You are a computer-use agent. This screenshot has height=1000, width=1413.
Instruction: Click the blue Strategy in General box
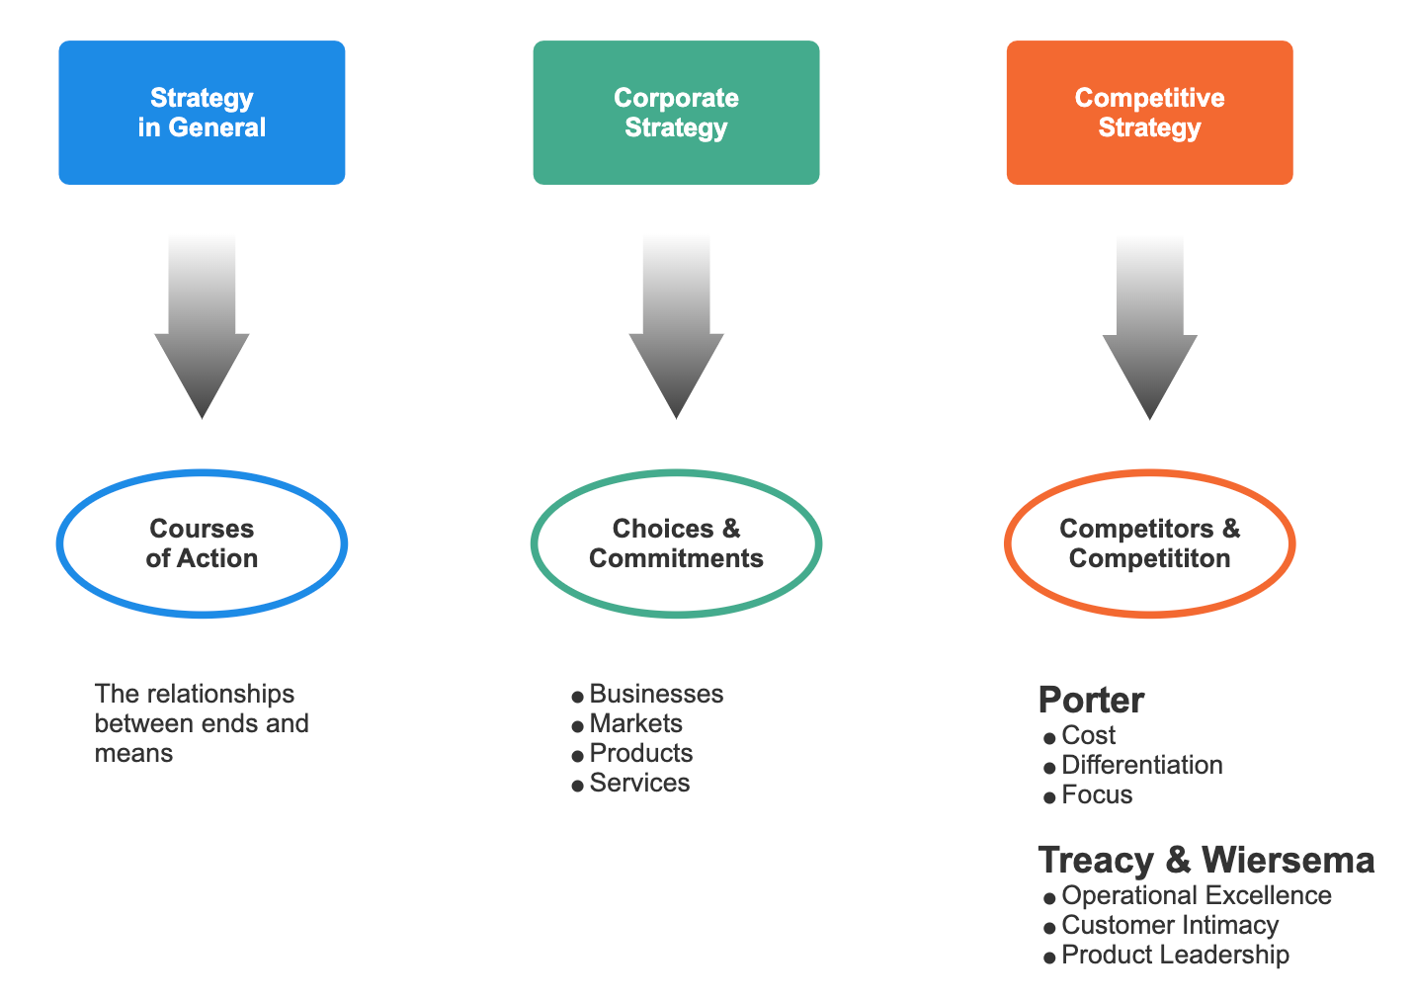[202, 113]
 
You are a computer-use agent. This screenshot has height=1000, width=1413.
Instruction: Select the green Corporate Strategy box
[676, 113]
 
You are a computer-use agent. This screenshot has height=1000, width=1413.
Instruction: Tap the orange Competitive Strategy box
[1149, 113]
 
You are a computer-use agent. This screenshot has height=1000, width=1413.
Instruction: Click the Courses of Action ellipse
[202, 543]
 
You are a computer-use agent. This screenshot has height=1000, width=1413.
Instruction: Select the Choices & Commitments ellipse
[676, 543]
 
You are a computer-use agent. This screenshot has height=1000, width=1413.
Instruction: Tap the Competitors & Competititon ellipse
[1149, 543]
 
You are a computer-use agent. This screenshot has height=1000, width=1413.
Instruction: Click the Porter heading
[1091, 700]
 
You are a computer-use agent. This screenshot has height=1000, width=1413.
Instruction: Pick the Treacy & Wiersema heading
[1205, 860]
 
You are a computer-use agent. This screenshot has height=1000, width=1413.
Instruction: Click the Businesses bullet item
[656, 694]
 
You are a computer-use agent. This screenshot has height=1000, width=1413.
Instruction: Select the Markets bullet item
[635, 723]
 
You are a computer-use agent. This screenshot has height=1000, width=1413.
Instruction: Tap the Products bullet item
[640, 753]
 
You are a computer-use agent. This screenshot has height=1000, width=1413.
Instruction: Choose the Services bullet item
[639, 783]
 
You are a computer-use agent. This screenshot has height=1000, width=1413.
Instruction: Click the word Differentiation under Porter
[1141, 765]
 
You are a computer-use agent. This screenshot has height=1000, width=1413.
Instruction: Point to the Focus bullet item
[1097, 794]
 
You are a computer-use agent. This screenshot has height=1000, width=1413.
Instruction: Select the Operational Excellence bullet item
[1196, 895]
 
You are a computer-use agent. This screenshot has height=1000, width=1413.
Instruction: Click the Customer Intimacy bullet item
[1170, 925]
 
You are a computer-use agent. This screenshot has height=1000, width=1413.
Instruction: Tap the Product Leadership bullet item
[1175, 955]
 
